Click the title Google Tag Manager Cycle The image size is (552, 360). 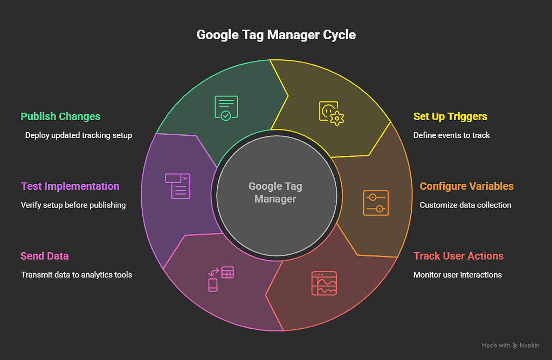coord(276,36)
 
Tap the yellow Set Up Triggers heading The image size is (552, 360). coord(450,116)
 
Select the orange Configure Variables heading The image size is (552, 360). coord(466,186)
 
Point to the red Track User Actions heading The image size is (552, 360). coord(458,256)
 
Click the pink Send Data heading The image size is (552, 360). coord(45,256)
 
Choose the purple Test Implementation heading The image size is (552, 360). coord(70,186)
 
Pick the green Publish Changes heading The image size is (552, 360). coord(60,116)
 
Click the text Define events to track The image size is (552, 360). coord(451,135)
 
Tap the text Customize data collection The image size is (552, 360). coord(465,205)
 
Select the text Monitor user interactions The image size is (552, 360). coord(457,275)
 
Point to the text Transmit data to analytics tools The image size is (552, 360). coord(77,275)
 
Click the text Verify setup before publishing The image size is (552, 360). coord(73,205)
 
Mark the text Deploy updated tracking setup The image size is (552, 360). coord(79,135)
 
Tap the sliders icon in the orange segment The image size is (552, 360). coord(376,203)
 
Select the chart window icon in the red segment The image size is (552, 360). coord(324,283)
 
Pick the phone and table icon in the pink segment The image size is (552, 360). coord(221,278)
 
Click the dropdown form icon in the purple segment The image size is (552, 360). coord(177,185)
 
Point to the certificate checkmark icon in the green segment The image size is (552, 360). coord(225,108)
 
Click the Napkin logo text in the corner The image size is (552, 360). coord(529,345)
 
